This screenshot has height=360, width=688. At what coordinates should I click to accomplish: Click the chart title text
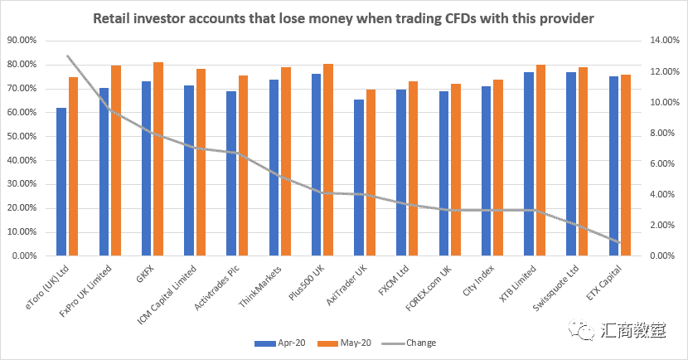pyautogui.click(x=343, y=17)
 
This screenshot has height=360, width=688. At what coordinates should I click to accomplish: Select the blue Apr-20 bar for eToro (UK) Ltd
pyautogui.click(x=61, y=182)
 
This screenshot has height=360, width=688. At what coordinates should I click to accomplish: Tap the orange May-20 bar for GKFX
pyautogui.click(x=158, y=158)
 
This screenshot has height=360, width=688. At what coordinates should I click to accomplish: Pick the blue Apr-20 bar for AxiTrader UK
pyautogui.click(x=358, y=178)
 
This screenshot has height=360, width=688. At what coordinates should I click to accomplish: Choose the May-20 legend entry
pyautogui.click(x=346, y=343)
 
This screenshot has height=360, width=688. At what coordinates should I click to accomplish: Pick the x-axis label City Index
pyautogui.click(x=479, y=280)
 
